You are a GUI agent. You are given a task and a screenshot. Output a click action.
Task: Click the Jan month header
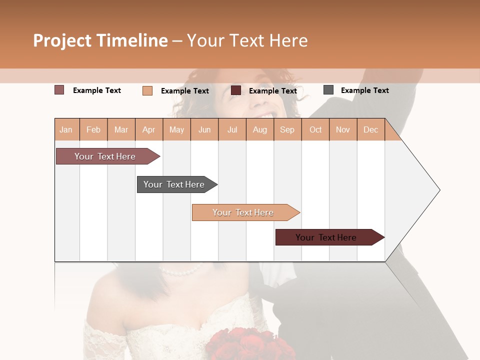[x=66, y=129]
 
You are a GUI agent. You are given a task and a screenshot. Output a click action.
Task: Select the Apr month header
[x=149, y=129]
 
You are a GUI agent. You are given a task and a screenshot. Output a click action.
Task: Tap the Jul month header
[x=232, y=129]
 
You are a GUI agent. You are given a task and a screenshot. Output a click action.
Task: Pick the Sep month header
[x=287, y=129]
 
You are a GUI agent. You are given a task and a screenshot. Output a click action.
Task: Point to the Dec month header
[x=370, y=129]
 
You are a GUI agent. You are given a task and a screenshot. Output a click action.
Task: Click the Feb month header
[x=93, y=129]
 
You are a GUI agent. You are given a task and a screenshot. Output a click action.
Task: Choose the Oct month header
[x=315, y=129]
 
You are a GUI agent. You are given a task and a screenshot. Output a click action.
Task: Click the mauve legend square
[x=59, y=90]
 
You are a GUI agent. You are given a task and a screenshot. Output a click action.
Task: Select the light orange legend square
[x=147, y=90]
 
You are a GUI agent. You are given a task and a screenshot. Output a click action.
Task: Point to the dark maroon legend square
[x=236, y=90]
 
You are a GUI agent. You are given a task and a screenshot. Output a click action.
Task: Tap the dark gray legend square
[x=328, y=90]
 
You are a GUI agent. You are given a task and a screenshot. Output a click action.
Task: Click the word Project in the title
[x=62, y=40]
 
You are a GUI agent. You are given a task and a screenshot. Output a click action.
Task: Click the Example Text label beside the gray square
[x=364, y=90]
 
